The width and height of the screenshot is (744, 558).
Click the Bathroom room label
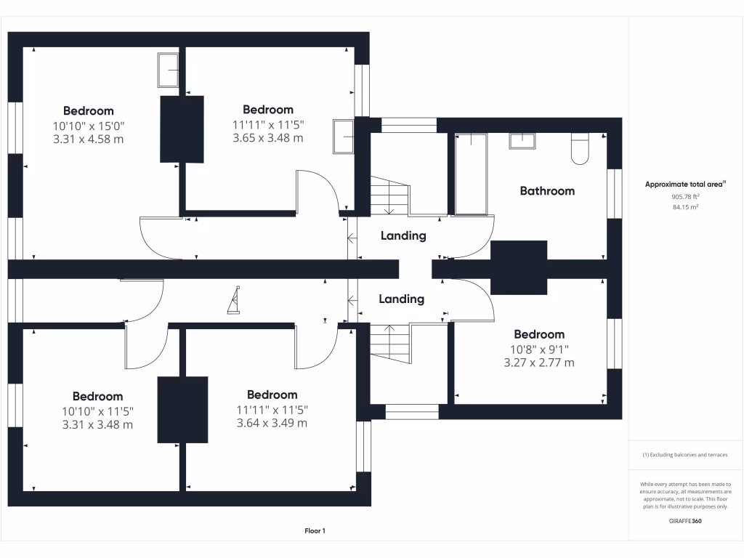pyautogui.click(x=547, y=191)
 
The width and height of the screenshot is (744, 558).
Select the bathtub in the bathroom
pyautogui.click(x=471, y=174)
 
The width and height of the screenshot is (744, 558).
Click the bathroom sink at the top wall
pyautogui.click(x=521, y=140)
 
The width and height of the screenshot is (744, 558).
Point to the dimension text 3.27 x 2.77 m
pyautogui.click(x=539, y=363)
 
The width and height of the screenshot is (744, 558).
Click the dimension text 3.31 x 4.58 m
pyautogui.click(x=89, y=138)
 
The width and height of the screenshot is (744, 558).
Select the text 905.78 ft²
pyautogui.click(x=686, y=197)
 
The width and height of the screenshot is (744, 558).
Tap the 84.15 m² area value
pyautogui.click(x=686, y=207)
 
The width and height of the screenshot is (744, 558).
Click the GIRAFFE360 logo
pyautogui.click(x=686, y=521)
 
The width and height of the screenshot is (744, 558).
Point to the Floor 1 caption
pyautogui.click(x=315, y=531)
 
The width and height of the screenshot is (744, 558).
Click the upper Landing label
pyautogui.click(x=403, y=236)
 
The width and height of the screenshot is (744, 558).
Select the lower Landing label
pyautogui.click(x=401, y=299)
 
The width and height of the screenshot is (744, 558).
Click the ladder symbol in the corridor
pyautogui.click(x=234, y=301)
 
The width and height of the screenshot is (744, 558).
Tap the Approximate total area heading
pyautogui.click(x=685, y=185)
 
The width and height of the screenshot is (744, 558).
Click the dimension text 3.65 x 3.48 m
pyautogui.click(x=268, y=138)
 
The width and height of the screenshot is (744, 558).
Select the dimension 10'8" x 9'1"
pyautogui.click(x=539, y=349)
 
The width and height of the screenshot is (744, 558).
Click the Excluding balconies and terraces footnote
pyautogui.click(x=685, y=455)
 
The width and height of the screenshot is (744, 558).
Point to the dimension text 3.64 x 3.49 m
pyautogui.click(x=272, y=423)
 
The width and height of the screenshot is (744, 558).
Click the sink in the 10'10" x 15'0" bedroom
pyautogui.click(x=169, y=70)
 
